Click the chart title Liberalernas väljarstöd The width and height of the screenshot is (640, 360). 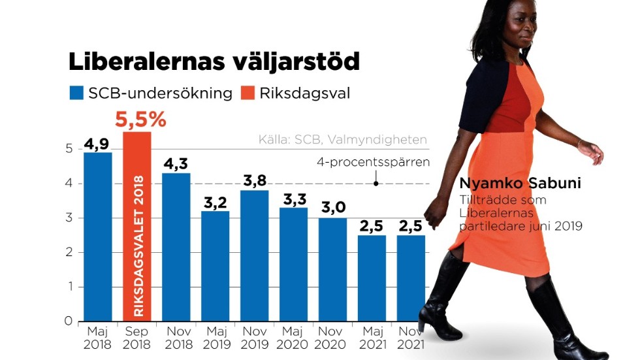tap(214, 61)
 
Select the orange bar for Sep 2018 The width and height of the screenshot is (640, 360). tap(137, 229)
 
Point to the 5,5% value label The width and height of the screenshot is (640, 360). tap(140, 120)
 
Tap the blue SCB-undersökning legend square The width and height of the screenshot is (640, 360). tap(76, 93)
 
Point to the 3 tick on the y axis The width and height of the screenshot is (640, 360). tap(68, 218)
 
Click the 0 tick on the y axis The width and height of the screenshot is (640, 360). tap(68, 321)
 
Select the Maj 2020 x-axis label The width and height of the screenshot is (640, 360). tap(294, 338)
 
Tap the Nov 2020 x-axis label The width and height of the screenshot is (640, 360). tap(332, 338)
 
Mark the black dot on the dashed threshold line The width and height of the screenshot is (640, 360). tap(376, 184)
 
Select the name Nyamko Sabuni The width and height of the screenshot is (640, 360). tap(520, 183)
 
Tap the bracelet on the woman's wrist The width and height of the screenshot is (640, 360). tap(579, 142)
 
